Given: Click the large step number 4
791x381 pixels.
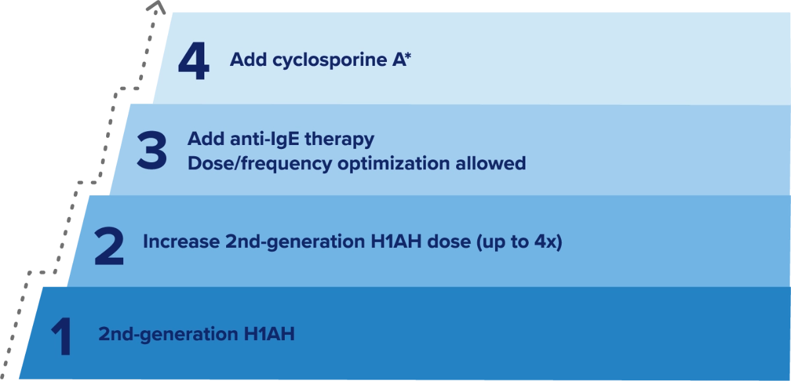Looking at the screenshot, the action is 194,61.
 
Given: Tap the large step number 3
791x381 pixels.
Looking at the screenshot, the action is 152,150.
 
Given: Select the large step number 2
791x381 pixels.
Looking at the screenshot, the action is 109,246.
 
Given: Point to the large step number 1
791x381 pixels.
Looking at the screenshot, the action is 63,337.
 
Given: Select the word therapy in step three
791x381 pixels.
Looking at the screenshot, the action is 339,140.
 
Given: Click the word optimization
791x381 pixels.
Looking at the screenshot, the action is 394,164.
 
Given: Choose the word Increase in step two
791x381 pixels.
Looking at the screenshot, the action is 181,241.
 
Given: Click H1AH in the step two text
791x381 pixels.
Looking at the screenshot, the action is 396,241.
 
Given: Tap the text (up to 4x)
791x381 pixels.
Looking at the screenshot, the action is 519,242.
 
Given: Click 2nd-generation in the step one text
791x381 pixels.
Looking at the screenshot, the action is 168,334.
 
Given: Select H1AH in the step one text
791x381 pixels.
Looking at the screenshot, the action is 269,334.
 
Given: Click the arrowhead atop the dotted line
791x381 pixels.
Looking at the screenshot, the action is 156,7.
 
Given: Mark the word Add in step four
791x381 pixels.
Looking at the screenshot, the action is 249,59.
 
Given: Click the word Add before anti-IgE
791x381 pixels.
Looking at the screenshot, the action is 206,138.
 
